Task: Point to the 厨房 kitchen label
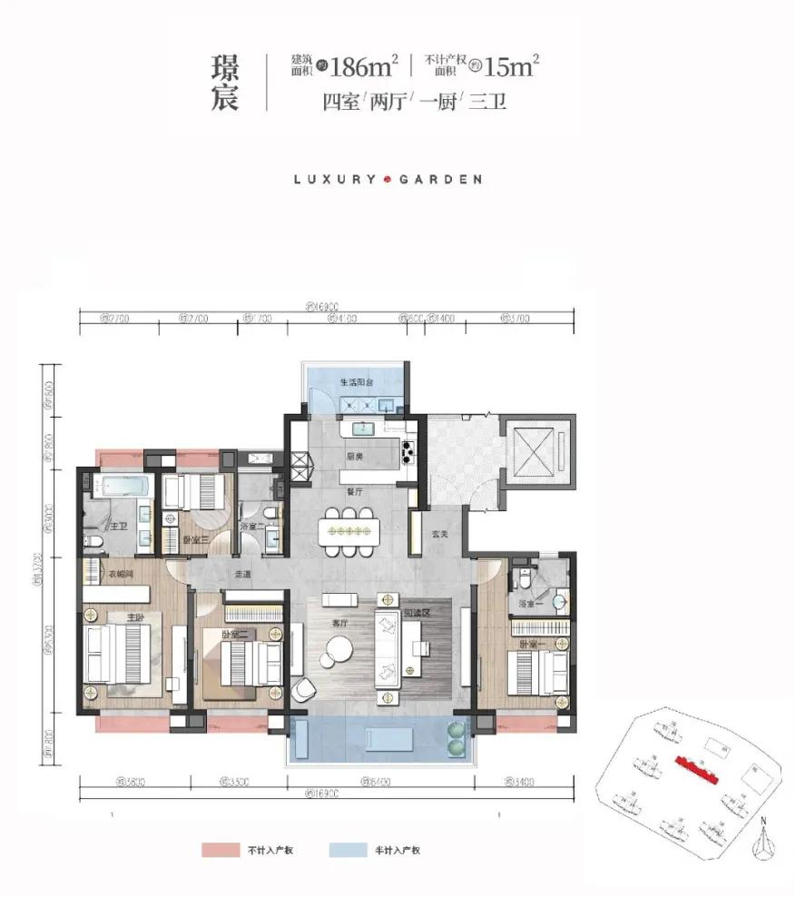[x=354, y=457]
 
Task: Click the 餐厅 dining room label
[x=354, y=491]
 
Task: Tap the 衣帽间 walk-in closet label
[x=111, y=573]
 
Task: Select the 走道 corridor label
[x=242, y=573]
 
